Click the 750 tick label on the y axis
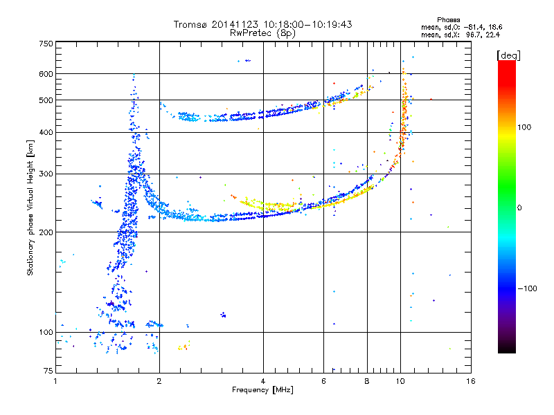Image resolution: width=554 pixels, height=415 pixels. pyautogui.click(x=46, y=43)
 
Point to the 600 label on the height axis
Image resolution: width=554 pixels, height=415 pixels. pyautogui.click(x=46, y=73)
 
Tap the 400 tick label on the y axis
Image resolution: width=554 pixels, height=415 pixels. pyautogui.click(x=46, y=132)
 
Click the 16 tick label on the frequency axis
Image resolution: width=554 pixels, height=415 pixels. pyautogui.click(x=470, y=381)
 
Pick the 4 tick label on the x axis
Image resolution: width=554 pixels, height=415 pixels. pyautogui.click(x=263, y=381)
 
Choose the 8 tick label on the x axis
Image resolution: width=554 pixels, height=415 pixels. pyautogui.click(x=367, y=381)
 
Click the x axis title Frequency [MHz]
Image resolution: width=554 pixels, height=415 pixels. pyautogui.click(x=262, y=390)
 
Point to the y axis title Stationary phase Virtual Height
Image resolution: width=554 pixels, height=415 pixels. pyautogui.click(x=30, y=207)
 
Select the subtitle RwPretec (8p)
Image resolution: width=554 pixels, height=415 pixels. pyautogui.click(x=262, y=33)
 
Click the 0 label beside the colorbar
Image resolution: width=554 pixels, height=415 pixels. pyautogui.click(x=519, y=207)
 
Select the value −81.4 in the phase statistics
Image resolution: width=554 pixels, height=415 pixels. pyautogui.click(x=472, y=27)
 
